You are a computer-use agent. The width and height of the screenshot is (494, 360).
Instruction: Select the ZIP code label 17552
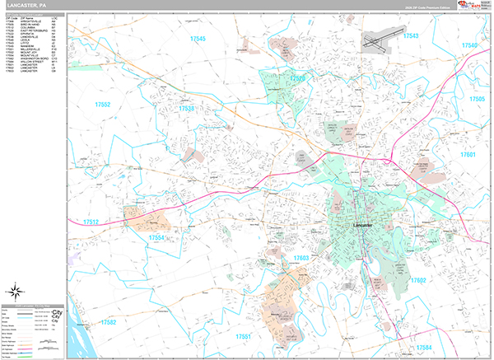pyautogui.click(x=103, y=105)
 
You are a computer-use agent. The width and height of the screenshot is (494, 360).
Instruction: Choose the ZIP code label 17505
pyautogui.click(x=477, y=99)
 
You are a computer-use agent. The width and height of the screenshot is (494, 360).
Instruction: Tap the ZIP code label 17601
pyautogui.click(x=468, y=155)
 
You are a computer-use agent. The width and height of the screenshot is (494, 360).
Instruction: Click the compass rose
pyautogui.click(x=16, y=291)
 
